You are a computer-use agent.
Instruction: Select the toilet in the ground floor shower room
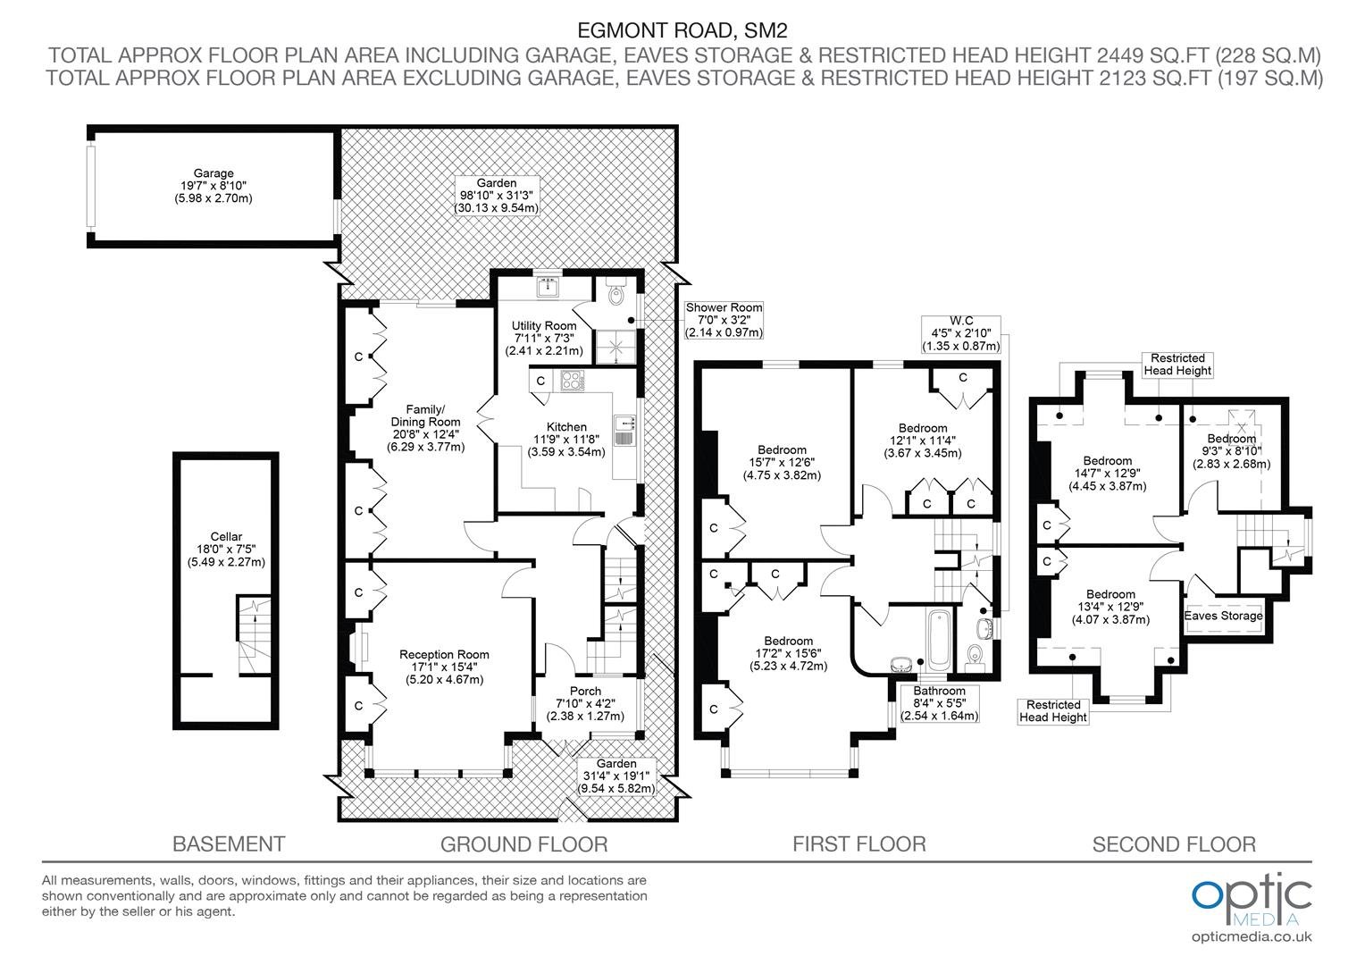tap(616, 291)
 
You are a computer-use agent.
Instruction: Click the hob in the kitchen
tap(573, 381)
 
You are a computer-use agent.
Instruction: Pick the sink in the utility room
tap(549, 287)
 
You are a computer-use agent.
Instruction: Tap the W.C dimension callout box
tap(961, 334)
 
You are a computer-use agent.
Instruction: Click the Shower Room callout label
tap(724, 320)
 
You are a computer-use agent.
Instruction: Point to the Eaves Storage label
tap(1223, 616)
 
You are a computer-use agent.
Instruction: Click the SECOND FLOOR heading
tap(1174, 844)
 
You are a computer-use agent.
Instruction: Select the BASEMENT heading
tap(229, 844)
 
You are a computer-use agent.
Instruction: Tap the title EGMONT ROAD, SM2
tap(682, 29)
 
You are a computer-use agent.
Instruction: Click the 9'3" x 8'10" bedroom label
tap(1231, 451)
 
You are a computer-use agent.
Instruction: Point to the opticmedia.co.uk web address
tap(1252, 937)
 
